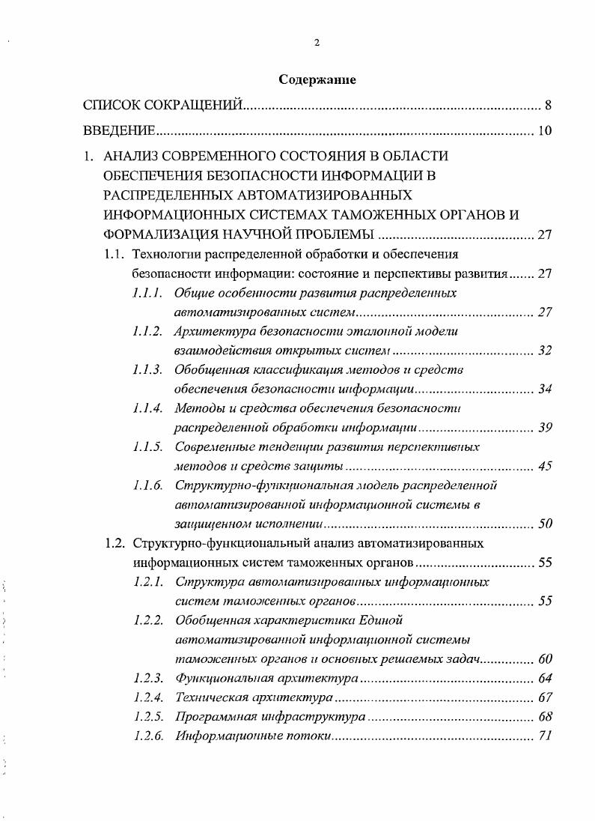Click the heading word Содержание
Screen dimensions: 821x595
click(317, 79)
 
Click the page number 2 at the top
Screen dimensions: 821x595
click(317, 43)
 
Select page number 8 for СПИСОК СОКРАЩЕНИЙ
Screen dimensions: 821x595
click(548, 105)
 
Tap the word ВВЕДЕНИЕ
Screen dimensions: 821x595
click(118, 131)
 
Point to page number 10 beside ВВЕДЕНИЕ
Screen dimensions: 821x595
click(545, 131)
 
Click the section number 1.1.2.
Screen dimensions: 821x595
click(147, 331)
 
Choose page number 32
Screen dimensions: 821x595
click(545, 350)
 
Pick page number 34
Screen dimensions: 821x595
click(545, 389)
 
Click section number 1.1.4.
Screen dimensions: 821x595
click(147, 408)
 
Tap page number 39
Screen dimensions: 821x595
click(545, 428)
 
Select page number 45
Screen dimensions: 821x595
click(545, 466)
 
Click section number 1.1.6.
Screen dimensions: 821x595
click(147, 485)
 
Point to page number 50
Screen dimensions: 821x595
click(545, 524)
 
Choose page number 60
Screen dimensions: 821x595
click(545, 659)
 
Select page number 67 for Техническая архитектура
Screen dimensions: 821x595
click(545, 697)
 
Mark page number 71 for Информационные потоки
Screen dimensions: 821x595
click(545, 736)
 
